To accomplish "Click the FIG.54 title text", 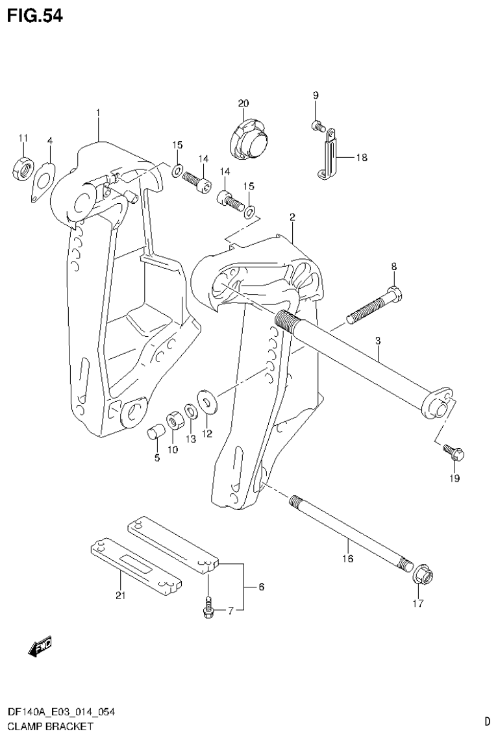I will click(x=35, y=16).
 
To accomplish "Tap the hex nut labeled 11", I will click(x=22, y=170).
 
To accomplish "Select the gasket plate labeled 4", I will click(x=43, y=179).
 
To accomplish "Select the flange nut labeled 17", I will click(x=425, y=574).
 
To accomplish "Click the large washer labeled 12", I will click(x=207, y=402).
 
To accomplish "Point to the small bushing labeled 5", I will click(x=156, y=432).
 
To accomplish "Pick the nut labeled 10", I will click(x=174, y=421).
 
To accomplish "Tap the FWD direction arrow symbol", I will click(x=40, y=646).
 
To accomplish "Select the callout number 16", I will click(x=348, y=558).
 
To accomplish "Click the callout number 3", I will click(x=377, y=341).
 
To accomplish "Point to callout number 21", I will click(x=119, y=595).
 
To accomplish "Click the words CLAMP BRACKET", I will click(x=41, y=726).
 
